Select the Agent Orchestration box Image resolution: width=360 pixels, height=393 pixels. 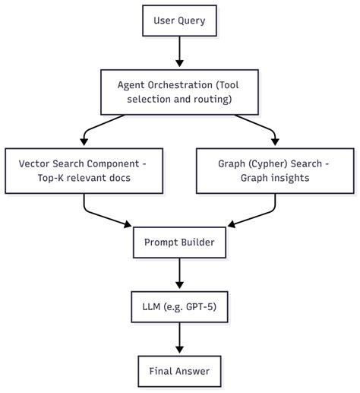(180, 90)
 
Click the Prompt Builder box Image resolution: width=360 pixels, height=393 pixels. (180, 242)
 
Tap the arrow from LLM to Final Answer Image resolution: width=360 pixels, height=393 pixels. (180, 338)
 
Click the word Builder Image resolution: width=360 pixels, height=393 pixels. (197, 242)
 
